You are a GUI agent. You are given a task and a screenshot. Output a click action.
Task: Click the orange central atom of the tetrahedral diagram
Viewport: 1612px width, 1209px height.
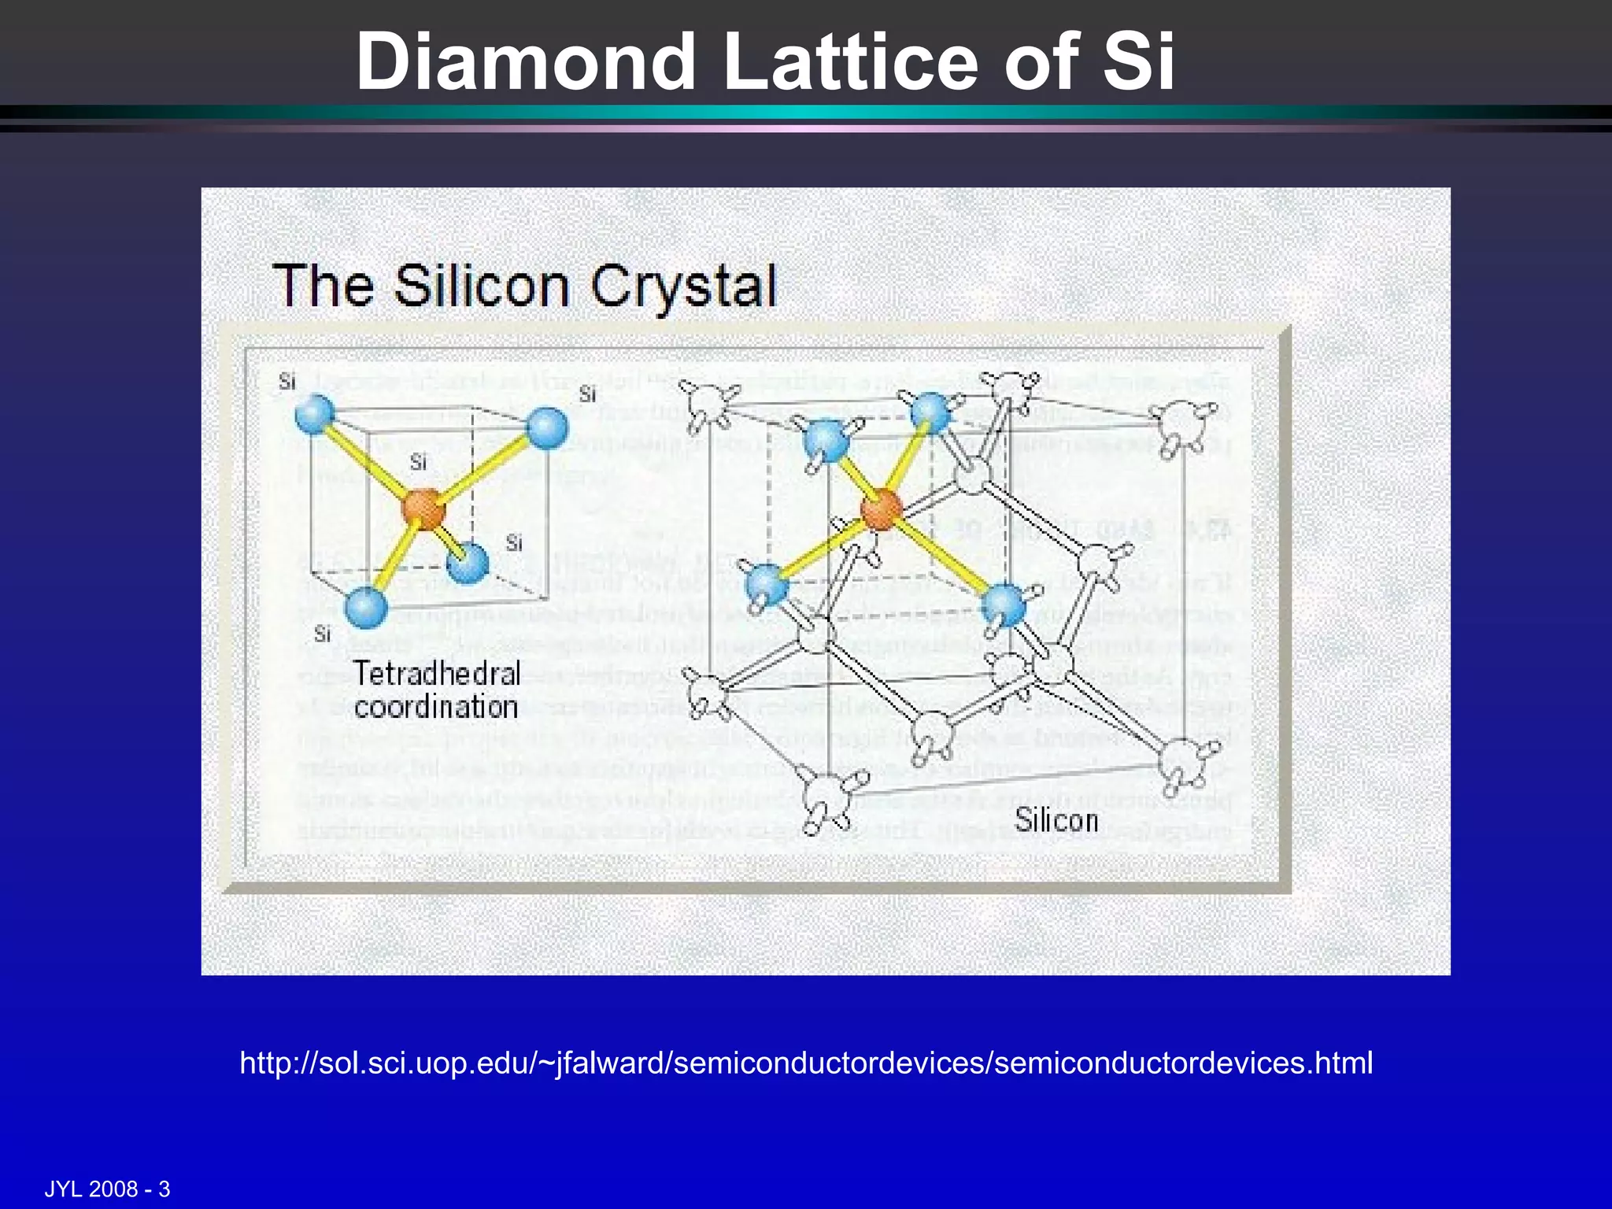(423, 508)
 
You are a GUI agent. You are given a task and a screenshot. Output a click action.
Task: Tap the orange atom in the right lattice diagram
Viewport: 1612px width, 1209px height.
(881, 508)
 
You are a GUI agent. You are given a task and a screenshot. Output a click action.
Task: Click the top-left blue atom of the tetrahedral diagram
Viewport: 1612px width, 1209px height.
(315, 413)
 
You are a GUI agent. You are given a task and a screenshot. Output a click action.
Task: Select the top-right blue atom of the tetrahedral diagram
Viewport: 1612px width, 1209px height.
(547, 428)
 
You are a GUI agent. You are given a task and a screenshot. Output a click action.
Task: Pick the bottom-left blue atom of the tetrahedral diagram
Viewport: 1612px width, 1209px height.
(366, 608)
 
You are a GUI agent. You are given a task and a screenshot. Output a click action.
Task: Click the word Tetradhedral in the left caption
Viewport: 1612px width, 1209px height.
(437, 674)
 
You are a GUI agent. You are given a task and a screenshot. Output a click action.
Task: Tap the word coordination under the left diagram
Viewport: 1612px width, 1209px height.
(436, 707)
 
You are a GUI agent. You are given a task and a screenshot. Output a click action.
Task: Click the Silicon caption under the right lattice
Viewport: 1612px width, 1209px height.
(1056, 820)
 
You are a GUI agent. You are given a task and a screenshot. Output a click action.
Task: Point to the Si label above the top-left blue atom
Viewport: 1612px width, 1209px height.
(287, 382)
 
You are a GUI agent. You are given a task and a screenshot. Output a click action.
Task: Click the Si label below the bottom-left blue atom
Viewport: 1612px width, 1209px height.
(322, 634)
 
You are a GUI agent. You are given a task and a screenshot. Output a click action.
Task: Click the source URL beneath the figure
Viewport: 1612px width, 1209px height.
(806, 1063)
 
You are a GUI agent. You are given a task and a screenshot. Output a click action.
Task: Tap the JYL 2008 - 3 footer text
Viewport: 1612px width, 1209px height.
(107, 1189)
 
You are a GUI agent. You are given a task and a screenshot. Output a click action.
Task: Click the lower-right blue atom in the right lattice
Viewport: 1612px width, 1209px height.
(1005, 605)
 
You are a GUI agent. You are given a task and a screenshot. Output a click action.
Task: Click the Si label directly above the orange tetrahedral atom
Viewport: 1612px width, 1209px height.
(418, 463)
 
